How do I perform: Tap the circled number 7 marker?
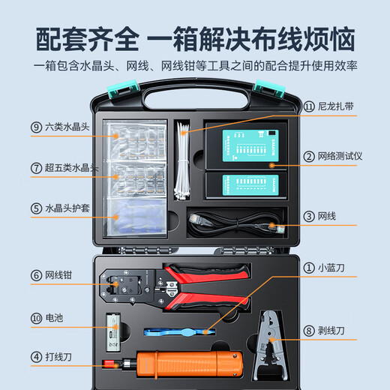(36, 168)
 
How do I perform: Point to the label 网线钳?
(59, 275)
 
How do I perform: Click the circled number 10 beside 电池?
(36, 317)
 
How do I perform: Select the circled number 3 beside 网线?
(308, 217)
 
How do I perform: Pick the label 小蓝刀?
(330, 266)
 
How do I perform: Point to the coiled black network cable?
(232, 223)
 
